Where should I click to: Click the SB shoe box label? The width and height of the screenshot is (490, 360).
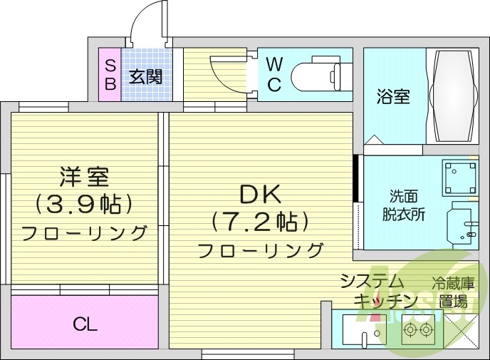click(x=110, y=74)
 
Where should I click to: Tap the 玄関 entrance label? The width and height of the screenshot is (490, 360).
click(x=145, y=76)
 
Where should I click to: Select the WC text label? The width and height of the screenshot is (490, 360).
click(x=274, y=74)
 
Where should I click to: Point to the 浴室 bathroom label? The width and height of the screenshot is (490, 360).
click(x=393, y=96)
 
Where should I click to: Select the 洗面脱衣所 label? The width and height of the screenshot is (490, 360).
click(x=407, y=205)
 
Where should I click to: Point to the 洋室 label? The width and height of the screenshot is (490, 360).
click(x=84, y=175)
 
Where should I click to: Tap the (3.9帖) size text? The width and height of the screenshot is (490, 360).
click(x=84, y=205)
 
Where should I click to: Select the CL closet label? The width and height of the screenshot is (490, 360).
click(x=84, y=325)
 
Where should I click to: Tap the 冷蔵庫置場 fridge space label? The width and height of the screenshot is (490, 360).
click(x=452, y=290)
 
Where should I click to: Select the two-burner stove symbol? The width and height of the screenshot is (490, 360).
click(x=417, y=330)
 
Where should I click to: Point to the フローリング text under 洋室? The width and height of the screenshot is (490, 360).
click(x=84, y=233)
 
